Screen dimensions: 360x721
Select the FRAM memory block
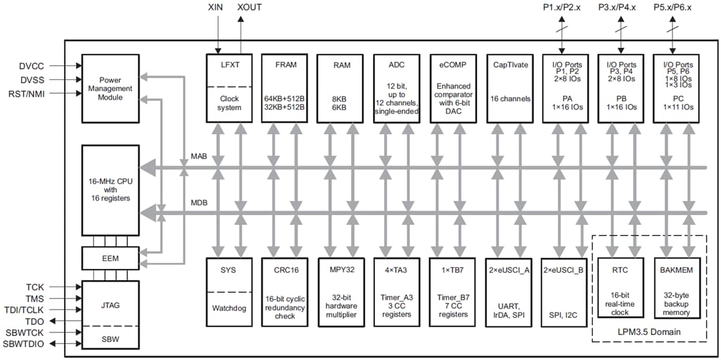pos(284,88)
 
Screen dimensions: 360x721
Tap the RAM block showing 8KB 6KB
pos(340,88)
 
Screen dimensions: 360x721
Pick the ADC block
pos(397,88)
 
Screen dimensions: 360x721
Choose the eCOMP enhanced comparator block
pos(453,88)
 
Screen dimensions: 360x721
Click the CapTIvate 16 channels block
pos(509,88)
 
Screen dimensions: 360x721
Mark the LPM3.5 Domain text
pos(649,332)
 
